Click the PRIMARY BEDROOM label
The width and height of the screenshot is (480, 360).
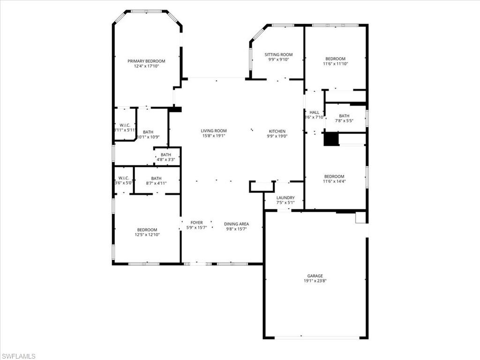click(x=146, y=61)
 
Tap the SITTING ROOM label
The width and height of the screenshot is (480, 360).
click(x=278, y=54)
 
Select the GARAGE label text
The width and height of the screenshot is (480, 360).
click(x=315, y=276)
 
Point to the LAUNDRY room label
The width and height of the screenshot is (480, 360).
click(x=285, y=198)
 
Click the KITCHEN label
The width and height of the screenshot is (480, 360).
click(x=277, y=131)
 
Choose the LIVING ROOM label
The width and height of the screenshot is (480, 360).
click(x=214, y=131)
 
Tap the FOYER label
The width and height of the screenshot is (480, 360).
click(x=196, y=223)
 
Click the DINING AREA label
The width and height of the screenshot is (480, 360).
click(x=236, y=224)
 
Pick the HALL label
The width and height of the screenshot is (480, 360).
click(x=314, y=112)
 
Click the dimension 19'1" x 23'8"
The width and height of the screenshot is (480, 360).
click(x=315, y=281)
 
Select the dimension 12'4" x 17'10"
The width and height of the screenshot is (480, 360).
click(x=146, y=67)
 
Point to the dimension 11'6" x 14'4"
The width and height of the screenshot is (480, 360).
click(x=334, y=181)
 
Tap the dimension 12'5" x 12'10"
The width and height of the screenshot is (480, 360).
click(x=147, y=234)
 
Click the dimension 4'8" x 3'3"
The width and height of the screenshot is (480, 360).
click(x=166, y=160)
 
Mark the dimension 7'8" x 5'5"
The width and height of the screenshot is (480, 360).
click(x=344, y=120)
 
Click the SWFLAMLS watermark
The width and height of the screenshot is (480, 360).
click(x=19, y=357)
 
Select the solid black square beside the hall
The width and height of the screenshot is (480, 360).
click(x=331, y=139)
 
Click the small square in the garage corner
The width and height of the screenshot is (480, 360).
click(x=360, y=217)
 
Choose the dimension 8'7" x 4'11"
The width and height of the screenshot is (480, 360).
click(x=156, y=183)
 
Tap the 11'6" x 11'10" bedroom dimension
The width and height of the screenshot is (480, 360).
click(x=336, y=64)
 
